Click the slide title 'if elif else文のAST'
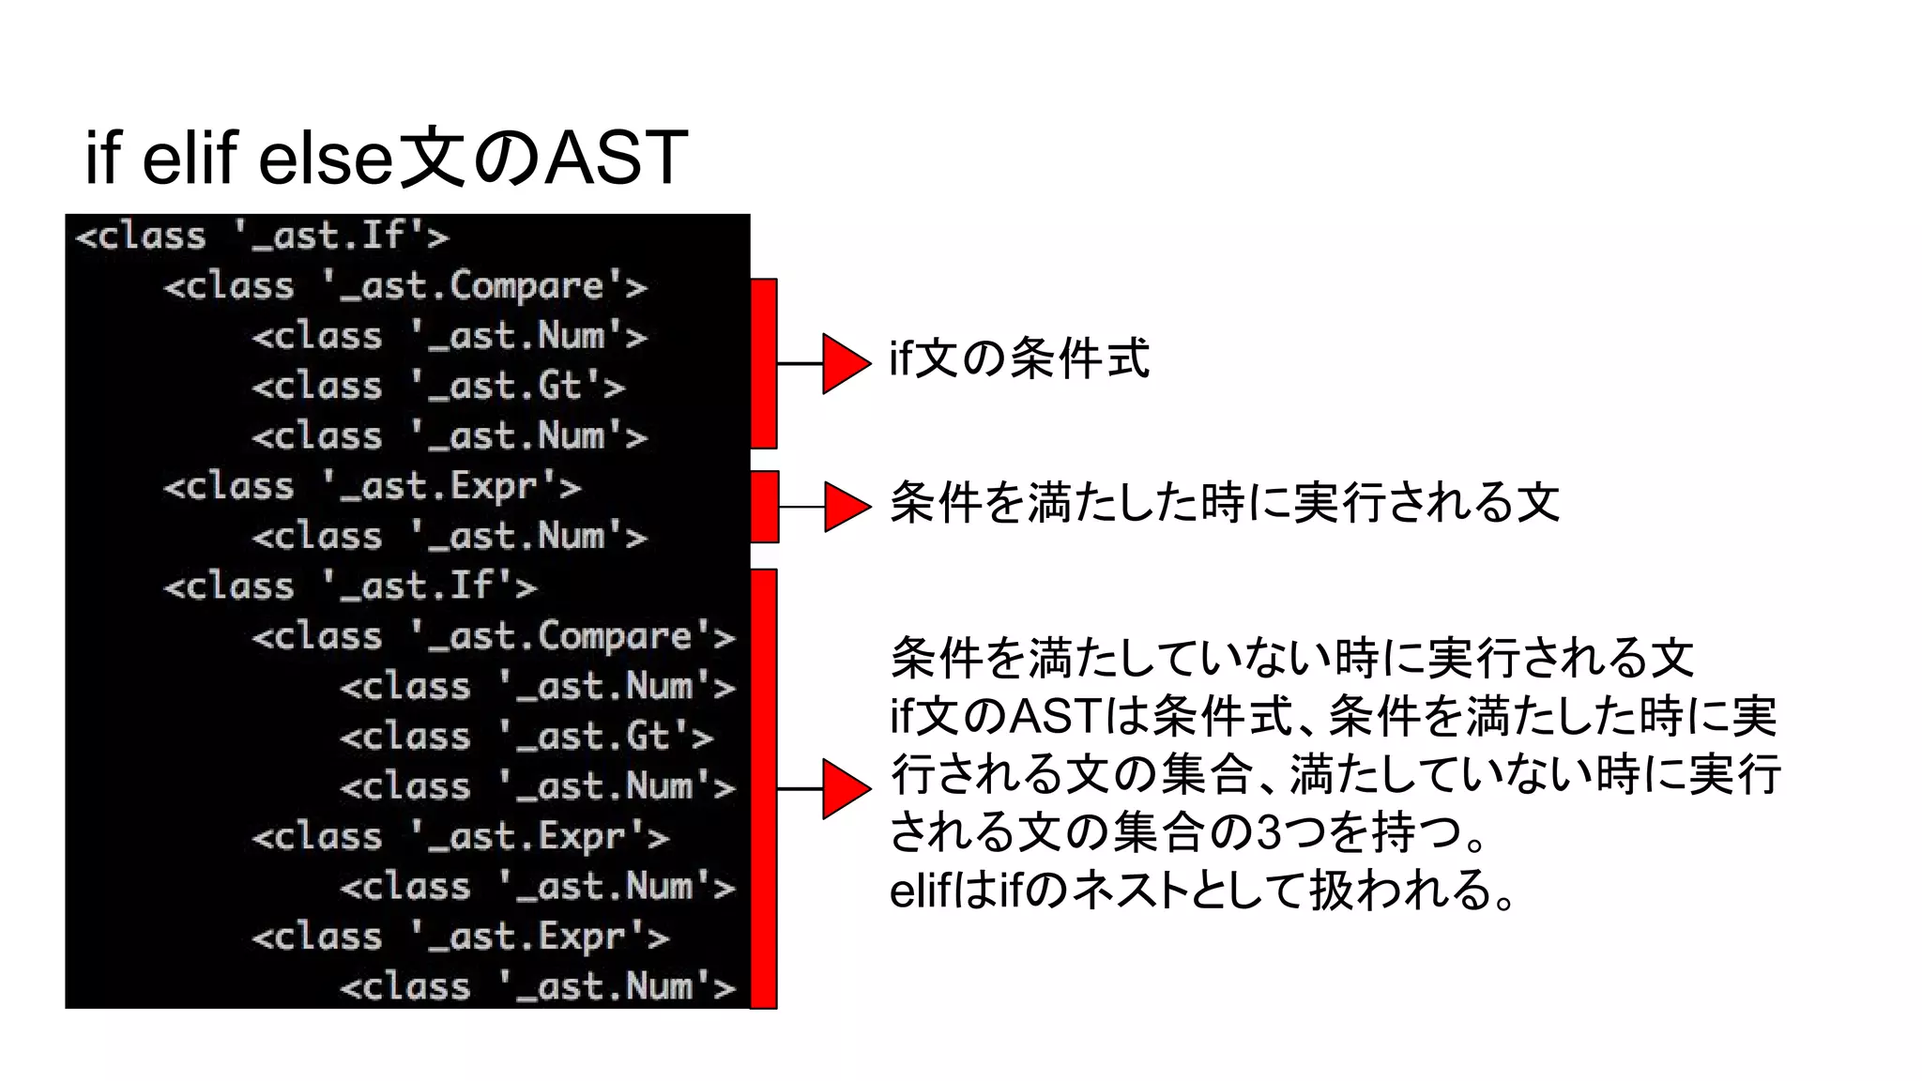[x=387, y=157]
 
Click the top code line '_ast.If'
[x=262, y=236]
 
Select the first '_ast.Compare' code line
[x=405, y=286]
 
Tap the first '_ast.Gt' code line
[x=438, y=386]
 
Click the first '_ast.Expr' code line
[x=372, y=486]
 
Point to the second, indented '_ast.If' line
[x=350, y=586]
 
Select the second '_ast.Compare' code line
[x=494, y=636]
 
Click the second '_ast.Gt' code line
[x=526, y=737]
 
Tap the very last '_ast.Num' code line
[x=538, y=986]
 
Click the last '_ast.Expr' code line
[x=461, y=936]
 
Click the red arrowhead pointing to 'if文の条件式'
[x=845, y=363]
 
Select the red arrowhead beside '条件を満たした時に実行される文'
[x=846, y=507]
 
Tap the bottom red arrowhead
[x=845, y=789]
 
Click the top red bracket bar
[x=764, y=363]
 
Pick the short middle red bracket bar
[x=765, y=507]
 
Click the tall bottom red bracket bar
[x=764, y=788]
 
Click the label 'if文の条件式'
[x=1019, y=358]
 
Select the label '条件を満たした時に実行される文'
[x=1224, y=503]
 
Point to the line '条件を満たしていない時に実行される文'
[x=1291, y=658]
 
